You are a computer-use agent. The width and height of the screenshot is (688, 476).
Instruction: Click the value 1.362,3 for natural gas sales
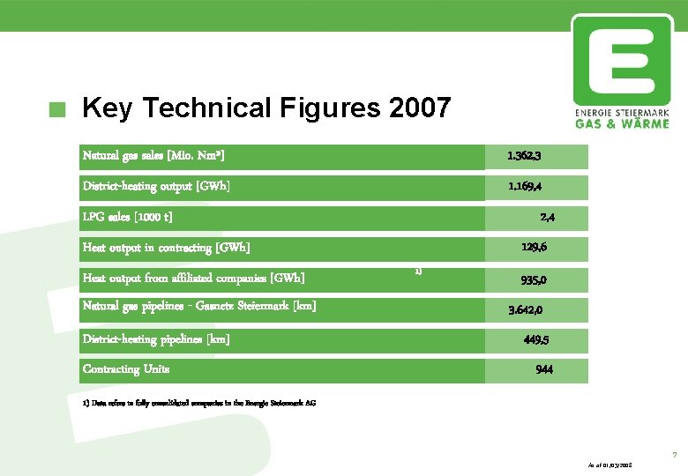524,156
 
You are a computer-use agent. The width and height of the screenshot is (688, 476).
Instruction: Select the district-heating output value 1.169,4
524,187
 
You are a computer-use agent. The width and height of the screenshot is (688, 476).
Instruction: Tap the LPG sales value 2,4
547,217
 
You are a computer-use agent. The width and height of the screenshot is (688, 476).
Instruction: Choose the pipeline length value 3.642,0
526,310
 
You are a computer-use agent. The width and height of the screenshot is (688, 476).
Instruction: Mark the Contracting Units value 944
544,370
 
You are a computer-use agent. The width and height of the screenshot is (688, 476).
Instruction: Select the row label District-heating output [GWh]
156,187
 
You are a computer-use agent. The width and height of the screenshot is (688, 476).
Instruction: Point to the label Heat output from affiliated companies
194,279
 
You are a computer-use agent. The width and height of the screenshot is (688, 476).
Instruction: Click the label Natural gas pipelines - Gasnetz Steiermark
199,306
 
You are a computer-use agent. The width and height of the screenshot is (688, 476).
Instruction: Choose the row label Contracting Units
126,369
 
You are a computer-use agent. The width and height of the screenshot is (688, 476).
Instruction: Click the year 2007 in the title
419,108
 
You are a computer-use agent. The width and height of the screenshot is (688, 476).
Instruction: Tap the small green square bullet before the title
58,110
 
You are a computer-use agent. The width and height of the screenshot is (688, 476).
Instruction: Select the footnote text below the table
198,404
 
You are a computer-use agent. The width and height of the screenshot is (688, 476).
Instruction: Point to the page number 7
674,455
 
